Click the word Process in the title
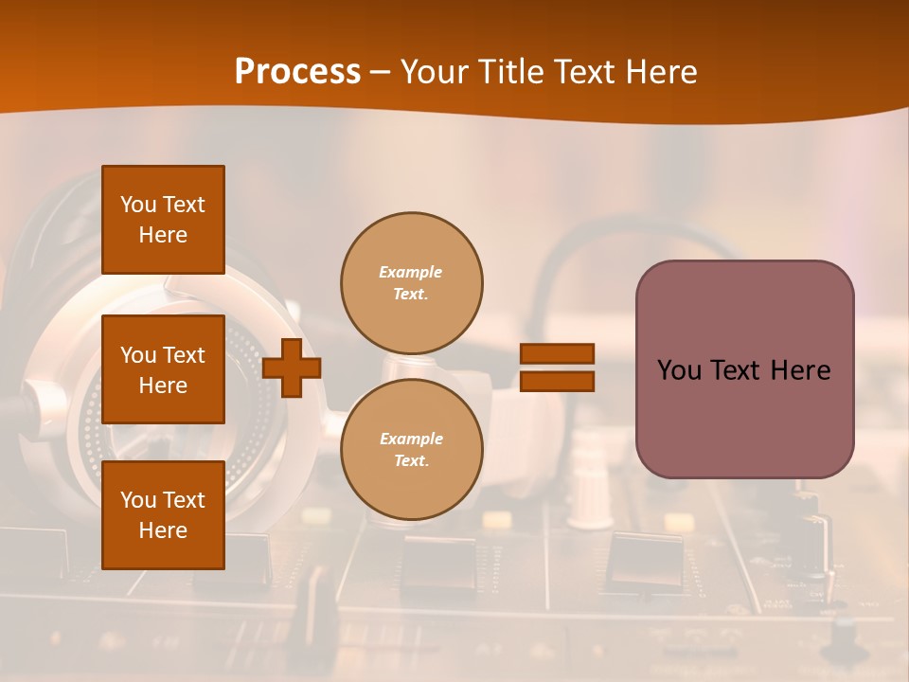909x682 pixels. [x=297, y=72]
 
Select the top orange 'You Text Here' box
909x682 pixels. [x=163, y=220]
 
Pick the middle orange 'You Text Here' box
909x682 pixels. [x=163, y=369]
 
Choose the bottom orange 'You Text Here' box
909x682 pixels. [x=163, y=514]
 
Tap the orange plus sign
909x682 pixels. [x=292, y=367]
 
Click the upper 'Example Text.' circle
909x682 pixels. [x=411, y=282]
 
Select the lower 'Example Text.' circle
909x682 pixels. [x=411, y=449]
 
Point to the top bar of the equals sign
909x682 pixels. [x=557, y=353]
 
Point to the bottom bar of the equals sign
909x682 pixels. [x=557, y=381]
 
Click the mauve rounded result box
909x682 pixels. [x=744, y=369]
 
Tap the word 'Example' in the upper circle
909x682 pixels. [x=411, y=272]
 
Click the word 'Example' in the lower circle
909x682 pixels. [x=411, y=439]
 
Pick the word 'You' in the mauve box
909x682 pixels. [x=679, y=370]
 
